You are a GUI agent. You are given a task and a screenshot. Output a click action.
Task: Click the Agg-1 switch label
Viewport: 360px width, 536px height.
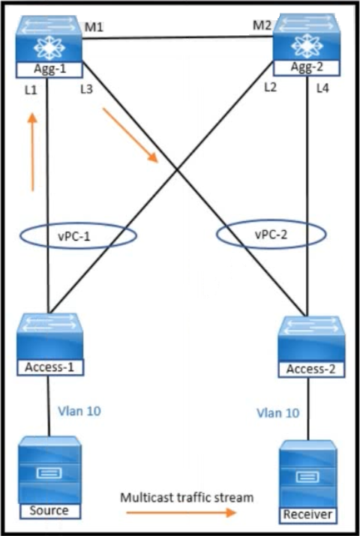coord(49,70)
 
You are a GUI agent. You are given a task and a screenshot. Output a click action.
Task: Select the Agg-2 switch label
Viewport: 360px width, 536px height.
coord(307,67)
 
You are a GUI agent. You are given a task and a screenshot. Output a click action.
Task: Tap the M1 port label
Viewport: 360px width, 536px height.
coord(94,27)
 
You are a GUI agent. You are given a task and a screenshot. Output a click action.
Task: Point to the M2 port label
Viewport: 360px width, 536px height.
coord(262,25)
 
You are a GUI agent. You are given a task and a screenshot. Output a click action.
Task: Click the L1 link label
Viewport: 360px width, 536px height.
coord(31,90)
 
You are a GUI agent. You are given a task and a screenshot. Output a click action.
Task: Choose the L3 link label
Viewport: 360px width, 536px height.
coord(86,89)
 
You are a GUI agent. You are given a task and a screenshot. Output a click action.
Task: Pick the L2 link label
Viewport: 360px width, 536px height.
coord(270,87)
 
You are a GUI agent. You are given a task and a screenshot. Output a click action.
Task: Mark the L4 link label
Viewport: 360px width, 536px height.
coord(322,88)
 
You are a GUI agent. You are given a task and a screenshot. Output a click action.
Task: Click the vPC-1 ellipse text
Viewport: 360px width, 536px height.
coord(74,236)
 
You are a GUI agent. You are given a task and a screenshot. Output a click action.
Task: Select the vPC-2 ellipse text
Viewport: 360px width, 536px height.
coord(271,235)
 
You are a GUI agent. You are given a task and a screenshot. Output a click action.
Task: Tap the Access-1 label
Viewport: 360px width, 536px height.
coord(49,367)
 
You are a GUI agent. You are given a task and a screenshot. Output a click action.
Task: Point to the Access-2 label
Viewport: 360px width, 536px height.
coord(310,369)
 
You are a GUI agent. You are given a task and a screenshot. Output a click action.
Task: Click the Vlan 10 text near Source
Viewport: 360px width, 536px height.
coord(79,411)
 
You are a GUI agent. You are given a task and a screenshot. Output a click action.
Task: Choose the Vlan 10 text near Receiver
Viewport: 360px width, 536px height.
coord(278,413)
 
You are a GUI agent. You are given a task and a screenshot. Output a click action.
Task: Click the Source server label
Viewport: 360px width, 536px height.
coord(49,511)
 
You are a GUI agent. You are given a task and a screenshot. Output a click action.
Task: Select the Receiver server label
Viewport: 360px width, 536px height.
coord(307,514)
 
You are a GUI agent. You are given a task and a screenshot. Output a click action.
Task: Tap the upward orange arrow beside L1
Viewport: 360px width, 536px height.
coord(32,152)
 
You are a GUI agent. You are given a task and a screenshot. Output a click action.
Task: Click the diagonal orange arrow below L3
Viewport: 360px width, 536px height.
coord(130,135)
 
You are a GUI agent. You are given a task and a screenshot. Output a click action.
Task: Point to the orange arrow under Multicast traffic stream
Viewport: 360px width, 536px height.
coord(181,512)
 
